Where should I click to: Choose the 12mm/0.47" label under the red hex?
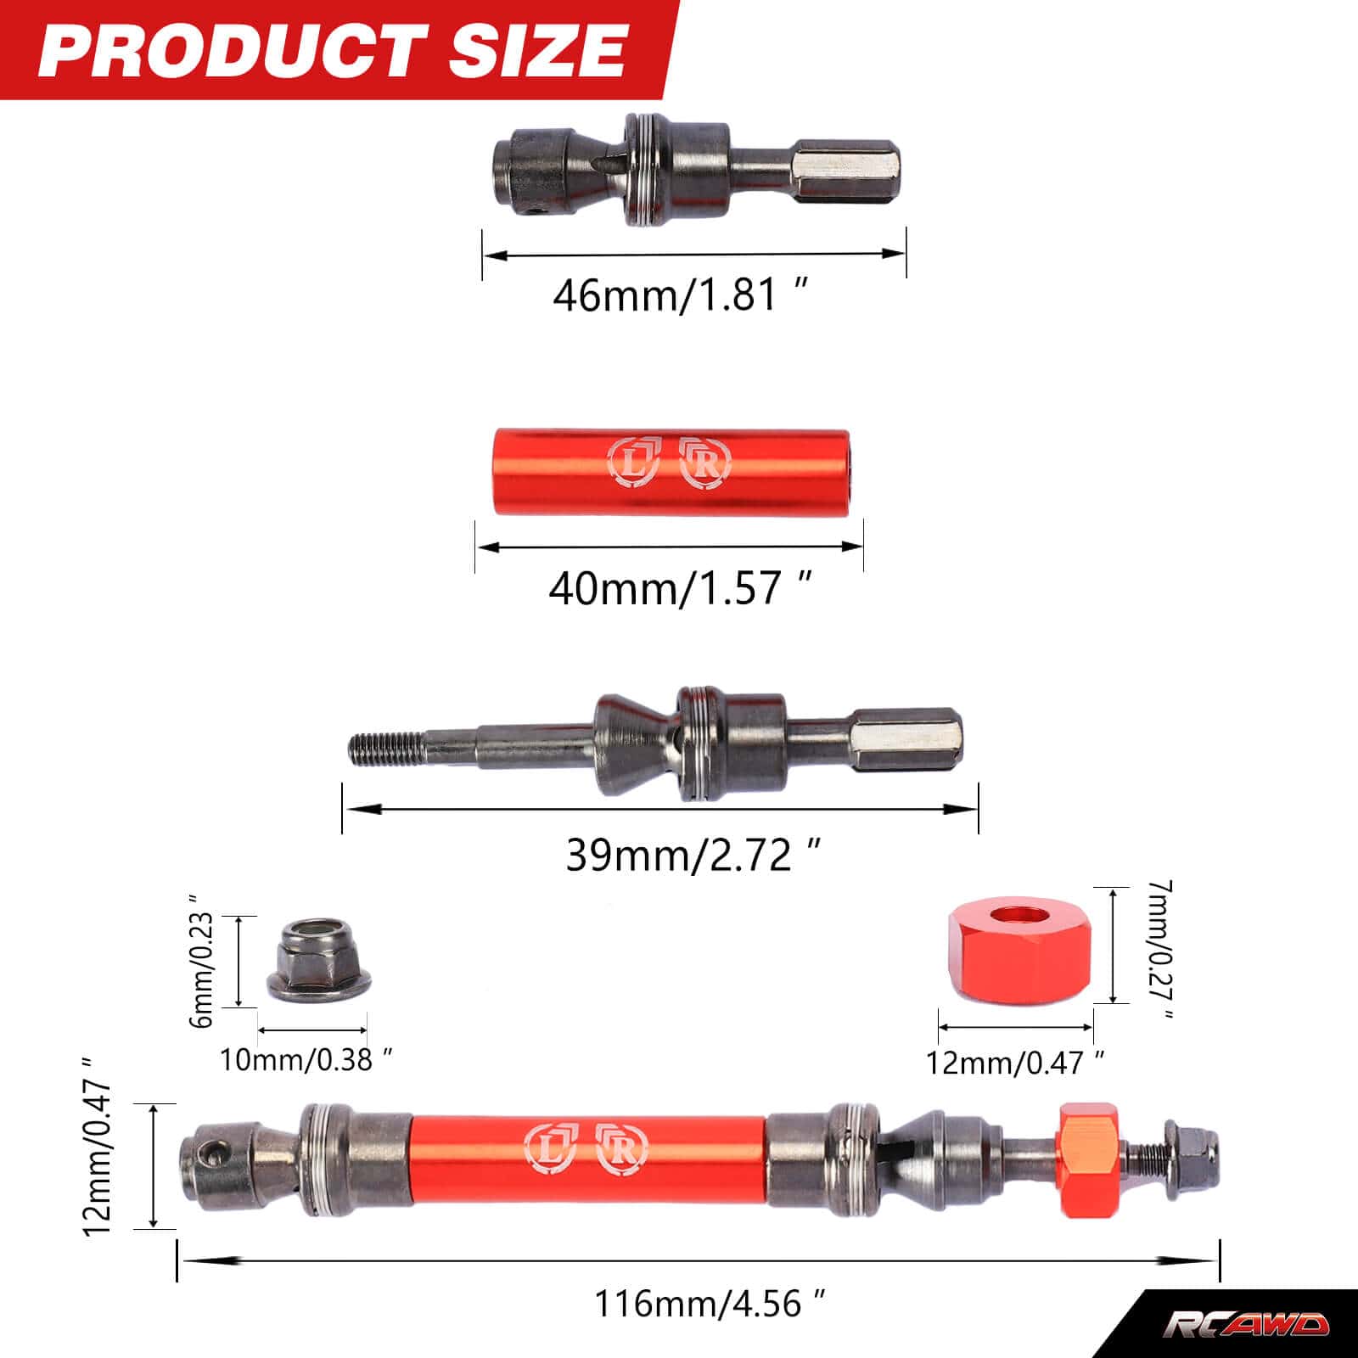click(1014, 1063)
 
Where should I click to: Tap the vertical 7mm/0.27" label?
click(1158, 951)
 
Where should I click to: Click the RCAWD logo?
click(1245, 1325)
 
